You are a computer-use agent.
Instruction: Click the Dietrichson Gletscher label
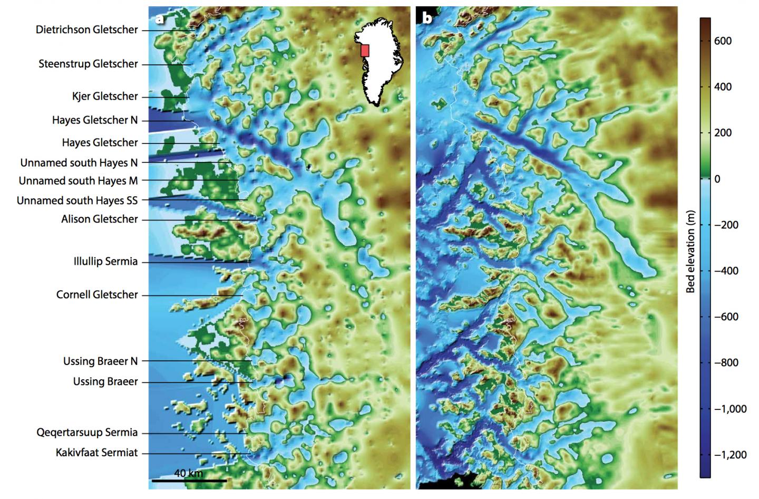[87, 30]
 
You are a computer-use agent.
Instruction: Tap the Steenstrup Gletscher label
[88, 64]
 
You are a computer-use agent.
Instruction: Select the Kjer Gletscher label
[105, 96]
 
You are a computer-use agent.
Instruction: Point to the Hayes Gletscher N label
[95, 120]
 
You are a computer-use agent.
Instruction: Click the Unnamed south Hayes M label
[78, 181]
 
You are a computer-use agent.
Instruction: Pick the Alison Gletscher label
[100, 219]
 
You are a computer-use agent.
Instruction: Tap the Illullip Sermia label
[105, 261]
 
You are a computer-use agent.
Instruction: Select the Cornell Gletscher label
[97, 294]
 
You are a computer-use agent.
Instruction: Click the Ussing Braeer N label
[100, 361]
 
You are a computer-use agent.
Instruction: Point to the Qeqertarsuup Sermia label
[87, 433]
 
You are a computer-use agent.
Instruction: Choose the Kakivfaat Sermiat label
[97, 453]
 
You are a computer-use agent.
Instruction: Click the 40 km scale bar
[189, 480]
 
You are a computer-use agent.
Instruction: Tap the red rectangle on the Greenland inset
[365, 50]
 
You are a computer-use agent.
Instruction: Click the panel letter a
[159, 19]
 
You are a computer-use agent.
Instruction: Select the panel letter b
[427, 19]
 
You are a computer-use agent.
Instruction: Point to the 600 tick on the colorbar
[723, 41]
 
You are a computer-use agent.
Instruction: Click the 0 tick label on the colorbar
[717, 179]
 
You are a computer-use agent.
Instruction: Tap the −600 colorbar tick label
[726, 317]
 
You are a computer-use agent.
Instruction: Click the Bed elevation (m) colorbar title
[690, 248]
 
